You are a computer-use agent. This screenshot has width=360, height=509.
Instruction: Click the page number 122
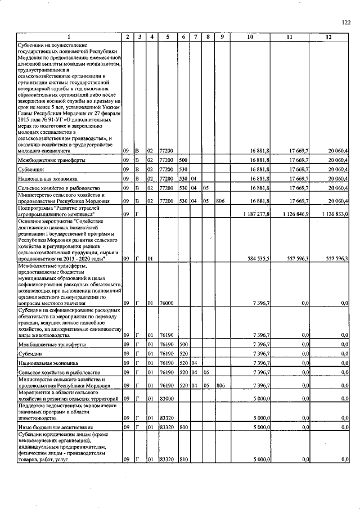tap(346, 22)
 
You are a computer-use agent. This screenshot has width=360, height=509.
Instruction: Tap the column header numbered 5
tap(168, 37)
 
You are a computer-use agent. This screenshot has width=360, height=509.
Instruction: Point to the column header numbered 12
tap(328, 37)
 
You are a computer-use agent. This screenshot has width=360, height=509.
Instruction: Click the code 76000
tap(166, 303)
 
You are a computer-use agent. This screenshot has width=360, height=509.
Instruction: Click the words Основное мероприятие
tap(44, 221)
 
